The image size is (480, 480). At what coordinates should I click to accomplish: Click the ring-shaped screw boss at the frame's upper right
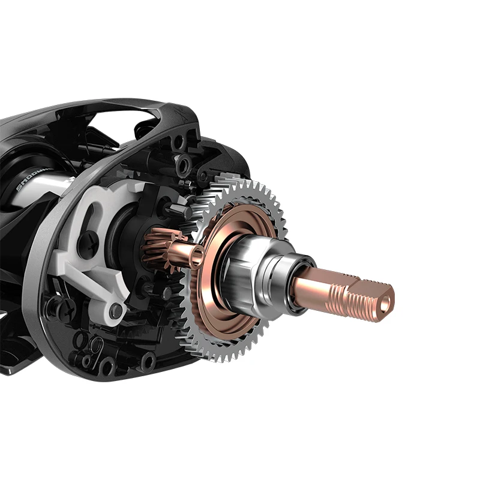pos(184,163)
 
